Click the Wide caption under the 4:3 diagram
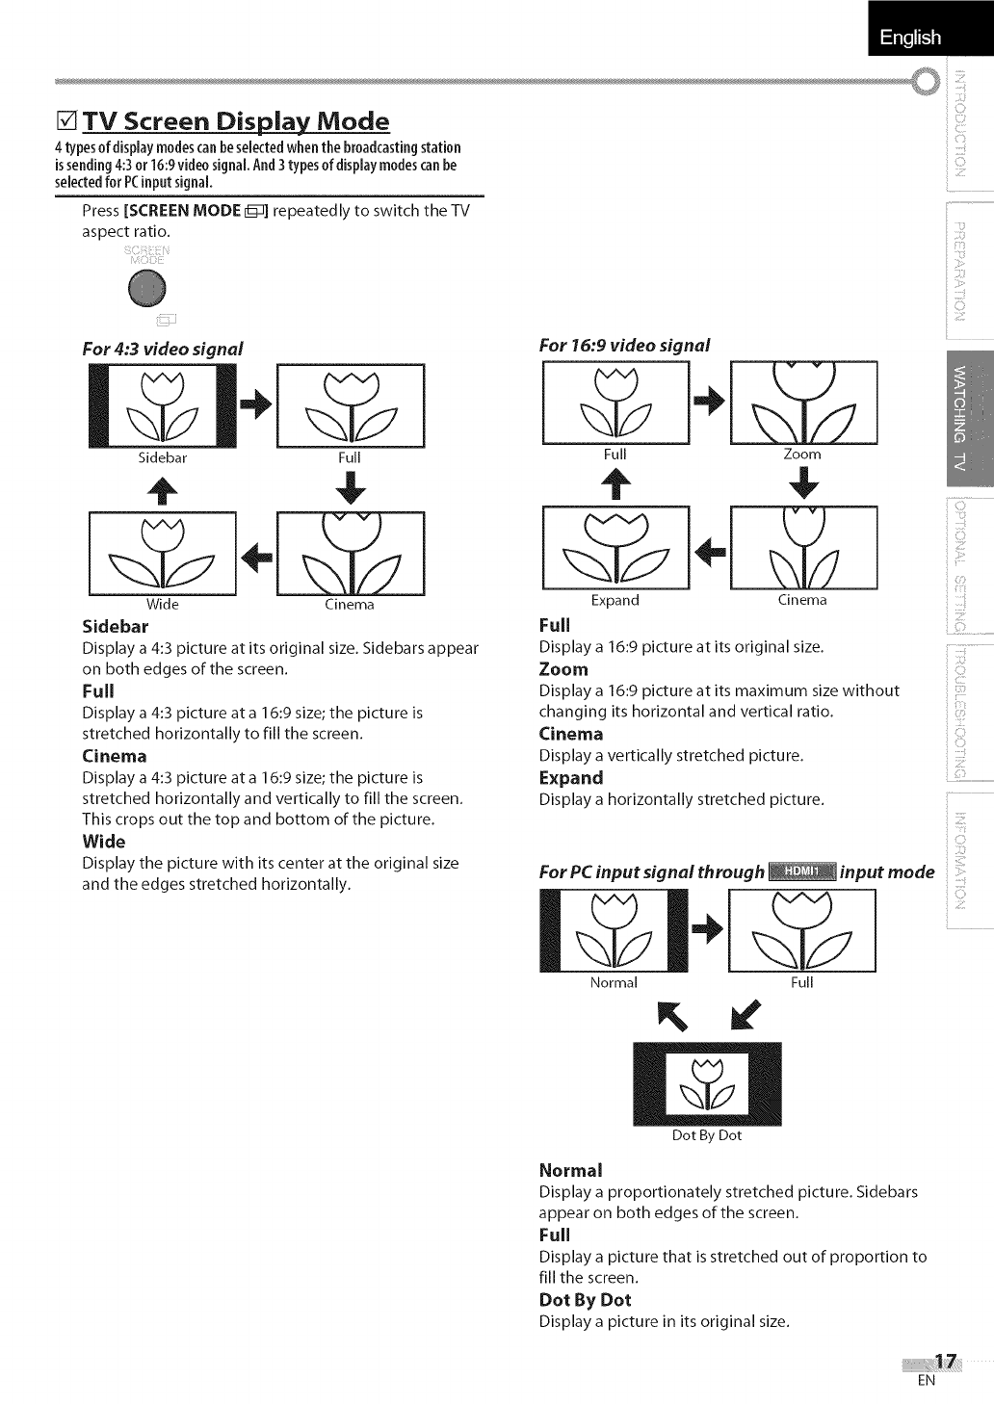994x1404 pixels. pos(162,605)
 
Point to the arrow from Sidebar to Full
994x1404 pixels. pos(255,405)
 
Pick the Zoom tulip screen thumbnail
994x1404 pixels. pos(804,402)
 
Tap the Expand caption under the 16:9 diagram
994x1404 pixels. pos(615,600)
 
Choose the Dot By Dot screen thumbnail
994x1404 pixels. pos(707,1084)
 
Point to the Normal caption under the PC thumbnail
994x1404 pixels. pos(614,982)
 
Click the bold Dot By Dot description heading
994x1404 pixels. pos(585,1299)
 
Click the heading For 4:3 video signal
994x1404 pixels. pos(163,349)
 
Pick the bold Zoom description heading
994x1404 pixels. pos(563,669)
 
